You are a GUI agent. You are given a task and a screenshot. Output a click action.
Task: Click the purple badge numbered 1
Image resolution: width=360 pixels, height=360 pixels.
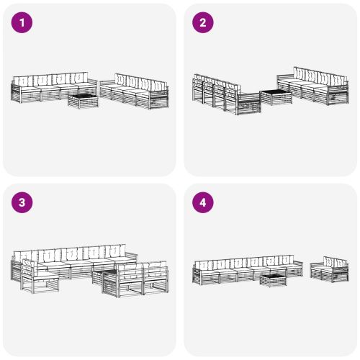click(x=22, y=23)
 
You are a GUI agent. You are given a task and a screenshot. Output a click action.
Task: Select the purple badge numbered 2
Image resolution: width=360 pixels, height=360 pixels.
click(x=202, y=23)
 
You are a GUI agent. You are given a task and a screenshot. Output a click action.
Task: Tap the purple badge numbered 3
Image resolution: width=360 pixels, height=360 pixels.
click(x=22, y=203)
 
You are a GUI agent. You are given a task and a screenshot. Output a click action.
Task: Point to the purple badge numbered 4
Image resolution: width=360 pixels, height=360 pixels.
click(x=202, y=203)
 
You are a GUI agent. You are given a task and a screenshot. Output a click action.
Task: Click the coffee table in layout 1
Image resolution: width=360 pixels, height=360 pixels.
click(x=83, y=102)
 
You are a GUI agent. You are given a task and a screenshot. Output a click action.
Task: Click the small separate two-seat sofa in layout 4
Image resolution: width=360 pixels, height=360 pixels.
click(x=329, y=269)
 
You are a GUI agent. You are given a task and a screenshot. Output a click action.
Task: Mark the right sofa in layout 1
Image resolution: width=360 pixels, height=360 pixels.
click(x=135, y=91)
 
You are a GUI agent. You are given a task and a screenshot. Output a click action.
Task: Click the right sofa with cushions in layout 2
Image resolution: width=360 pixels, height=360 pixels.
click(x=312, y=83)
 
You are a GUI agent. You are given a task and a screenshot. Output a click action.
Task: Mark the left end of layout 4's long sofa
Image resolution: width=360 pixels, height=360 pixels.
click(x=196, y=273)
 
